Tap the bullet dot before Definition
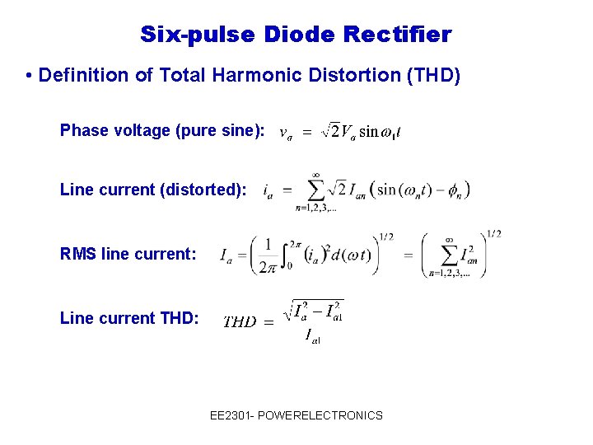pyautogui.click(x=29, y=76)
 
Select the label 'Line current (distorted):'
pyautogui.click(x=153, y=190)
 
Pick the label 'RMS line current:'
pyautogui.click(x=128, y=254)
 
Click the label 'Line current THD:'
pyautogui.click(x=129, y=317)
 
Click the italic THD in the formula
pyautogui.click(x=240, y=321)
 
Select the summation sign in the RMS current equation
pyautogui.click(x=449, y=255)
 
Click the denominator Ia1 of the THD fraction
pyautogui.click(x=312, y=335)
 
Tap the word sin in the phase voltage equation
pyautogui.click(x=368, y=132)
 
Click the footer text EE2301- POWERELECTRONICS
pyautogui.click(x=296, y=415)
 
